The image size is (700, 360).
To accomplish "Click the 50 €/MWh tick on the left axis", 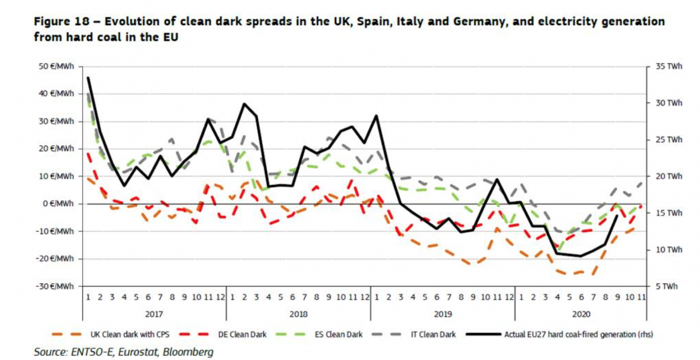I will tap(58, 66).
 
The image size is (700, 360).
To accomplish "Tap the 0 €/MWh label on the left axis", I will tap(59, 204).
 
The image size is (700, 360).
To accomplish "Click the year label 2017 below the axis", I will tap(154, 313).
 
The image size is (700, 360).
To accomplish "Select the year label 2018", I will tap(298, 313).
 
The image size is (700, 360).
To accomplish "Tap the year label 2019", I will tap(442, 313).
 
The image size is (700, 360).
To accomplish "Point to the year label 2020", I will tap(581, 313).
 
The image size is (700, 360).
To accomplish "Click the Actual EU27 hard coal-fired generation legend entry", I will tap(576, 335).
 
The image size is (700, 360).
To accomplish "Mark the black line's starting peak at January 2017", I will tap(88, 77).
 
